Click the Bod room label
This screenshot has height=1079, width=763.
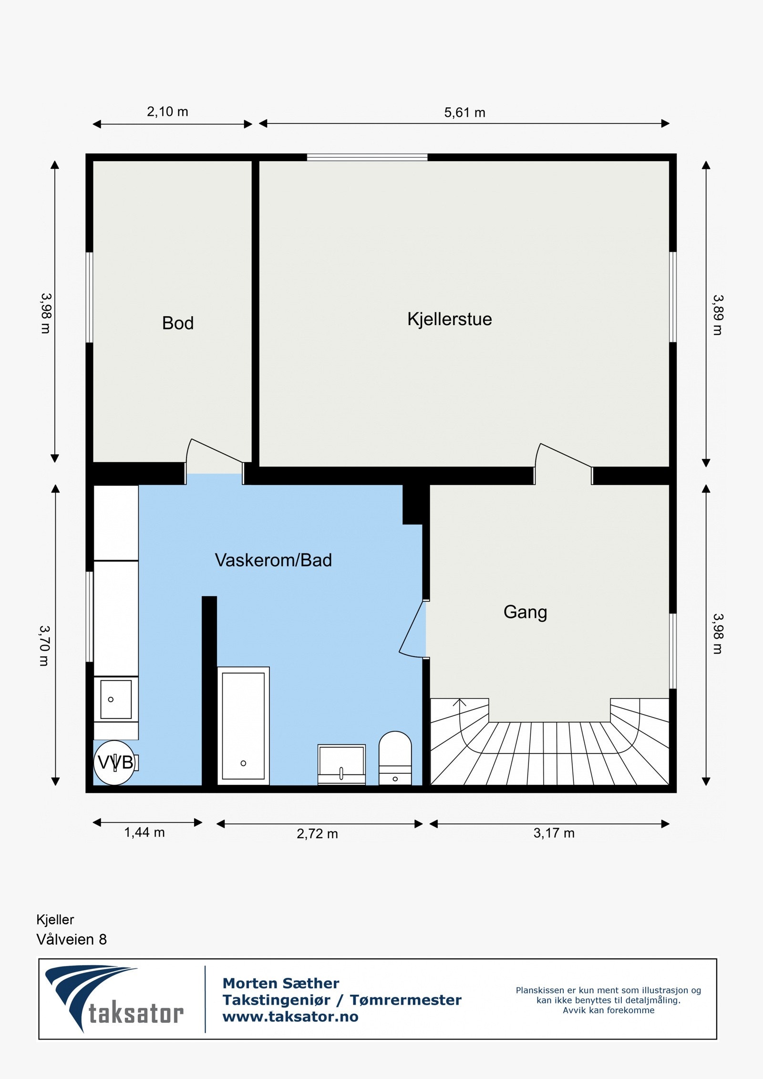[177, 323]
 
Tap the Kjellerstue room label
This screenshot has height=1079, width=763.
[449, 319]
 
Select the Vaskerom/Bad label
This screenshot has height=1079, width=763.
[273, 560]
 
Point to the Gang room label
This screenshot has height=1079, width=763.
[525, 612]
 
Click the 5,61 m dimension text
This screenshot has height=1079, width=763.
[464, 113]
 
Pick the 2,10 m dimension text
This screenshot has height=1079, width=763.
[167, 112]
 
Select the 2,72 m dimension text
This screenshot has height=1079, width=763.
[317, 833]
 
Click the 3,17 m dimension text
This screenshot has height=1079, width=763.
[554, 833]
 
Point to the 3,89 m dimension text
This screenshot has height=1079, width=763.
[718, 315]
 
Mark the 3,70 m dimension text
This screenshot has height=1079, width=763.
[44, 646]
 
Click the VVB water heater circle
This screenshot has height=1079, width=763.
[114, 762]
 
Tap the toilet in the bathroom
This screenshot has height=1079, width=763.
[395, 758]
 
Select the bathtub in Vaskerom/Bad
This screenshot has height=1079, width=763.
[243, 726]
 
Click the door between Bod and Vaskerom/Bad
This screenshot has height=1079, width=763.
[215, 458]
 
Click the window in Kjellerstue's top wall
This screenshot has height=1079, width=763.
[367, 157]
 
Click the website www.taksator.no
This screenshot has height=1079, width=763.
[290, 1017]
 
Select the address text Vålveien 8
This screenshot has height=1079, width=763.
[72, 940]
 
